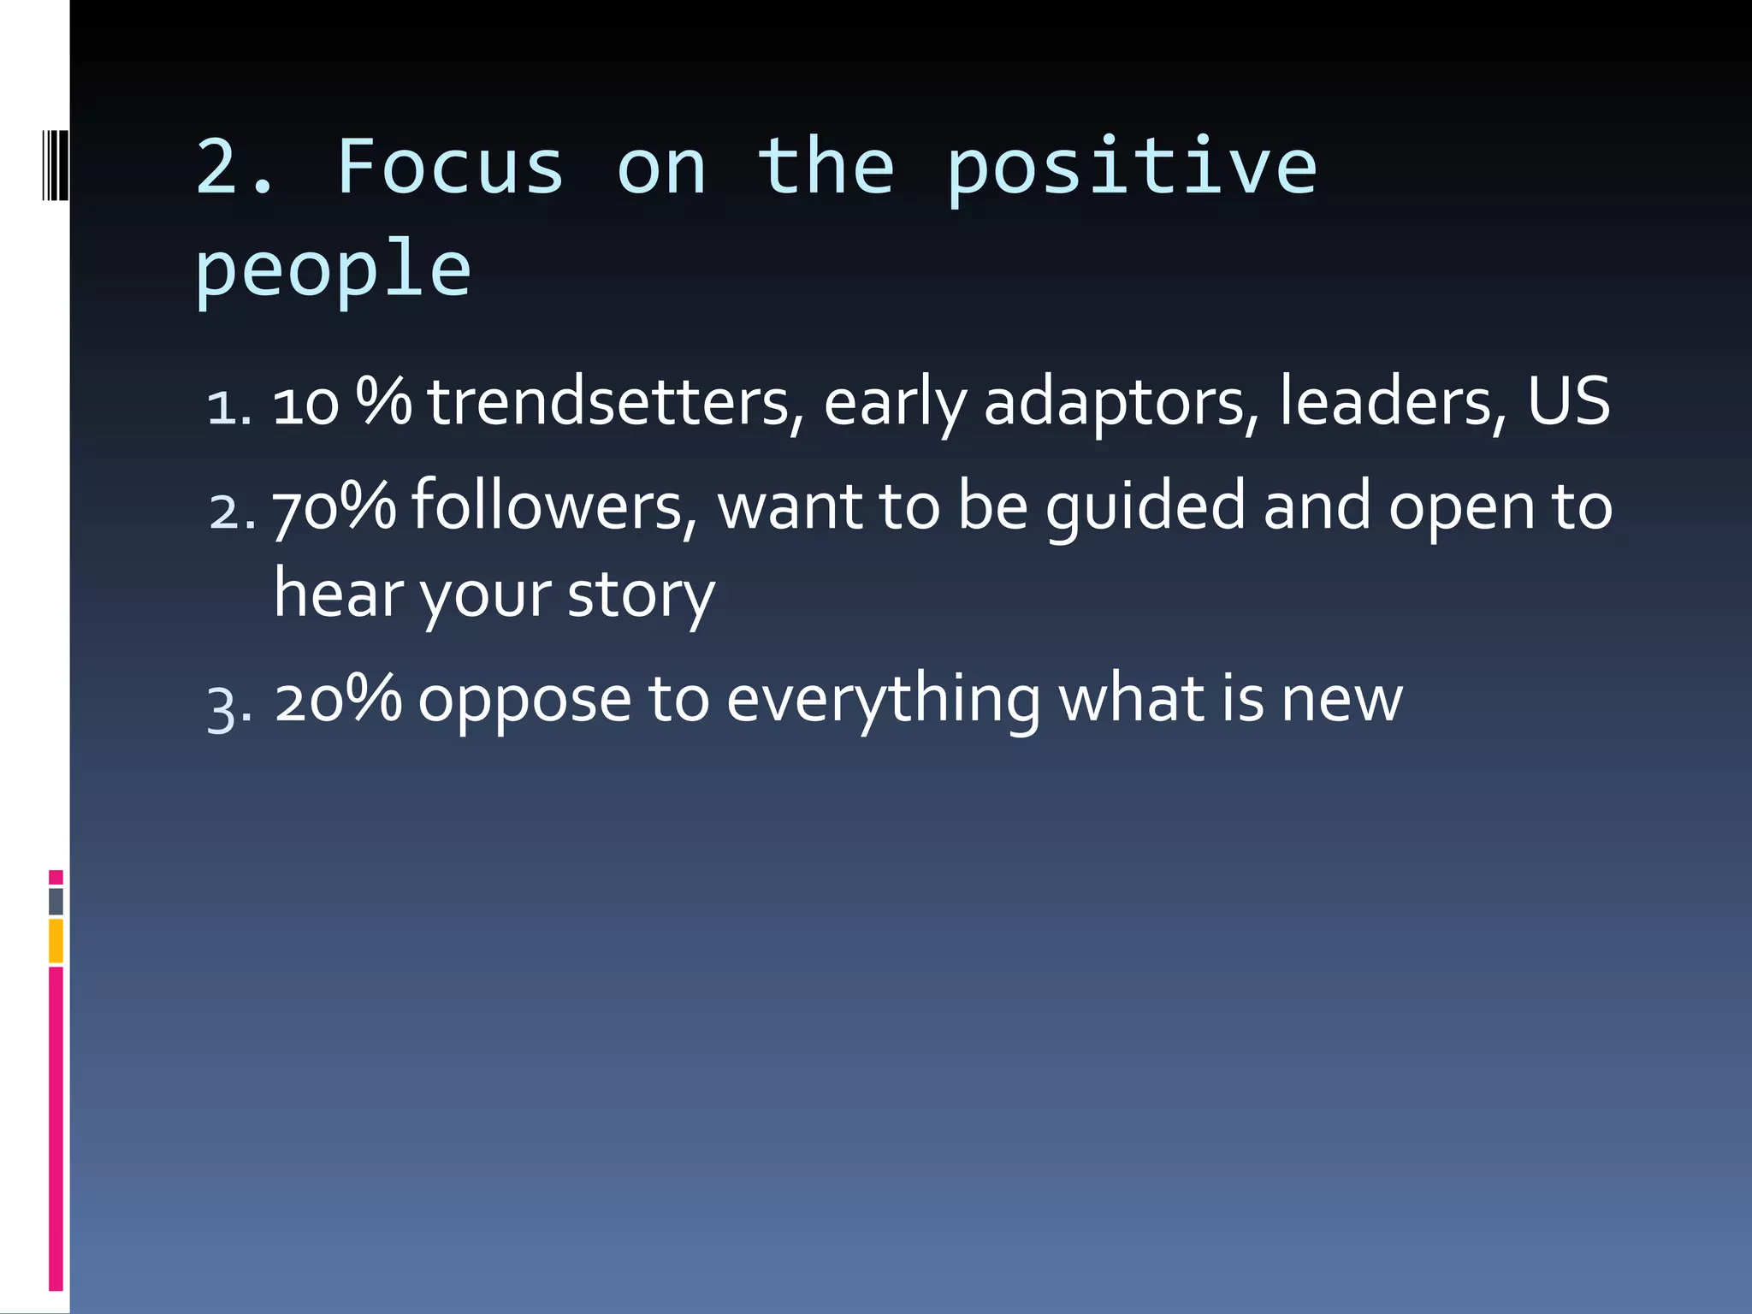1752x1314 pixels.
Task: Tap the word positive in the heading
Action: [1131, 169]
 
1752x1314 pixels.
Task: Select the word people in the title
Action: [333, 270]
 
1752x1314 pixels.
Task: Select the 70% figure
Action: [334, 506]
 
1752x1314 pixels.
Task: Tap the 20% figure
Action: [338, 699]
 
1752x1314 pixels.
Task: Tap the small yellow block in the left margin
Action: [56, 941]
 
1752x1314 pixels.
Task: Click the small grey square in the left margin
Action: [56, 901]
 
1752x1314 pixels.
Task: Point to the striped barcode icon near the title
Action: [55, 164]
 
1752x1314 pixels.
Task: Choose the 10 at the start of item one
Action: [305, 404]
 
